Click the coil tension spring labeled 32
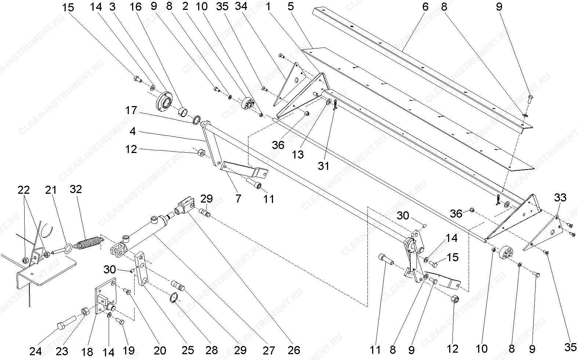click(88, 243)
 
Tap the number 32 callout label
click(76, 189)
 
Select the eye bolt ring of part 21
click(69, 248)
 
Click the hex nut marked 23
click(85, 311)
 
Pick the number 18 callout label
click(87, 351)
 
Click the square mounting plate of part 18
click(106, 295)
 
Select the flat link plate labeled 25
click(141, 269)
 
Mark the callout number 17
click(131, 110)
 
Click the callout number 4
click(132, 131)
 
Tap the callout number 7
click(238, 199)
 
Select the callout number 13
click(298, 154)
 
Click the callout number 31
click(323, 166)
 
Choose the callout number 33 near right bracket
click(560, 197)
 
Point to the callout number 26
click(294, 350)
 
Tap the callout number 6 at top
click(425, 7)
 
